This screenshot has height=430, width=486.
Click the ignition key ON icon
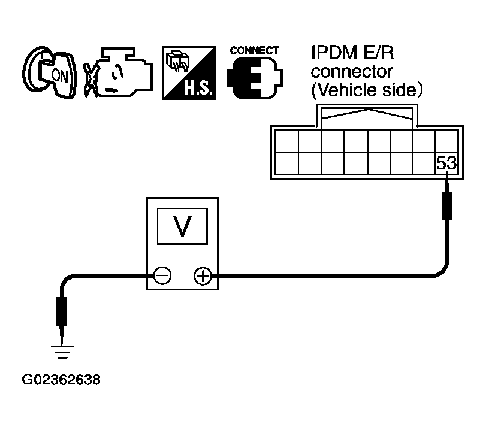[49, 73]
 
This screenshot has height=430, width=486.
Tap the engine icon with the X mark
[118, 72]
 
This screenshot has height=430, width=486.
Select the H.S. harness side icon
[189, 72]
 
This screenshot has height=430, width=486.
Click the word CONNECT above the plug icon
[254, 50]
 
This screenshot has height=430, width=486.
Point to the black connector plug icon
[255, 78]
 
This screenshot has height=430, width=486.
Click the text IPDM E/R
[352, 52]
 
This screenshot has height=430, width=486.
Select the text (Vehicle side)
[367, 90]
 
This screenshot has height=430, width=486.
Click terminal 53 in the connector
[446, 163]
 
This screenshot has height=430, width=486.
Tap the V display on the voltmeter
[182, 226]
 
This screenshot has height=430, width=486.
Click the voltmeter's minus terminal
[162, 275]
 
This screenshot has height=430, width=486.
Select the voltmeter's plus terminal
[203, 275]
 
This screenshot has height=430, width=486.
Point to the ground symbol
[62, 352]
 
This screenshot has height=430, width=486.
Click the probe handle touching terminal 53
[446, 205]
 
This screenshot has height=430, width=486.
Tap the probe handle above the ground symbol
[61, 311]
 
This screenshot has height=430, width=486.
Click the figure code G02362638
[61, 380]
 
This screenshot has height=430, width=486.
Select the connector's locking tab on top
[367, 116]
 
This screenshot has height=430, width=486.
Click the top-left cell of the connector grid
[286, 141]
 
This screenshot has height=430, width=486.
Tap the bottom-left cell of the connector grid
[286, 163]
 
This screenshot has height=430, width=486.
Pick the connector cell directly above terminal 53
[446, 141]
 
